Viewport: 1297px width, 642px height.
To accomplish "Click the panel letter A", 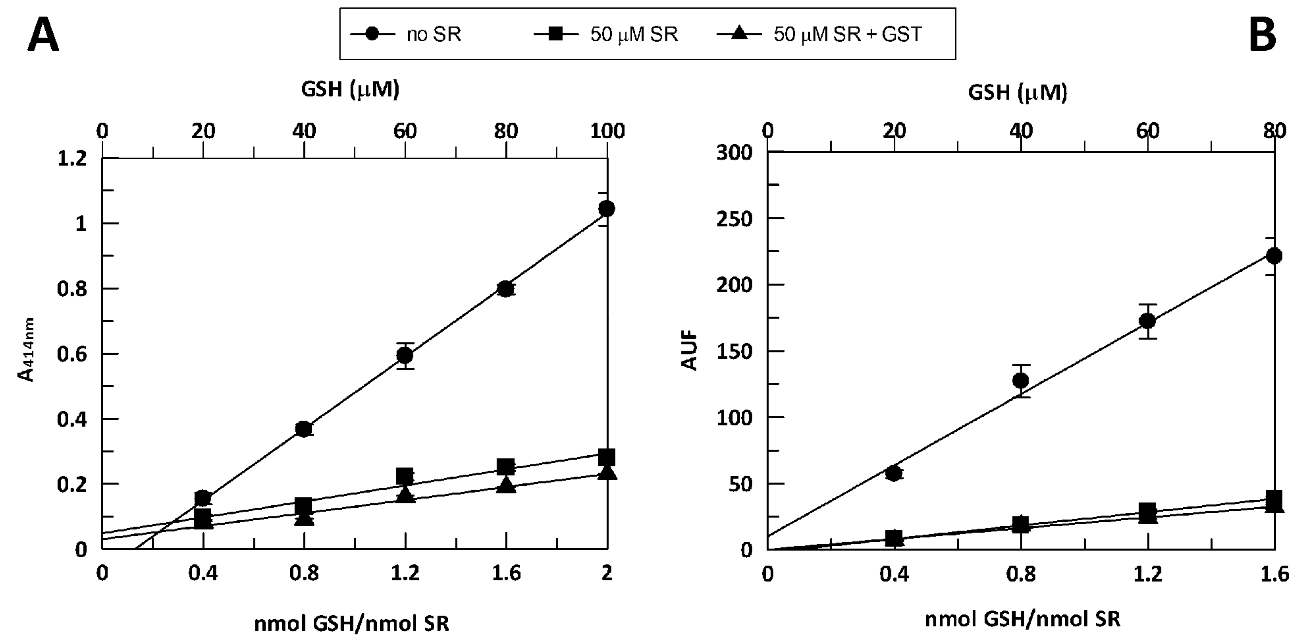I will coord(43,36).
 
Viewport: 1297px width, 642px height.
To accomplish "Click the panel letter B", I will coord(1263,36).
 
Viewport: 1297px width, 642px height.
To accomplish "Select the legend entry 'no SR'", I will coord(433,34).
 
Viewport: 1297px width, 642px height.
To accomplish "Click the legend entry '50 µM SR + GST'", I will coord(847,34).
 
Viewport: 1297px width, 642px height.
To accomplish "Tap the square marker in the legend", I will coord(555,34).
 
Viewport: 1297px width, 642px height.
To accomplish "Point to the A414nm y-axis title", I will coord(27,350).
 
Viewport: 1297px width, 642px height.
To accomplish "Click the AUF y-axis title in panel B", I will coord(690,351).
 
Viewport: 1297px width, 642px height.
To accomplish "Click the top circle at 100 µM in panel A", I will coord(607,209).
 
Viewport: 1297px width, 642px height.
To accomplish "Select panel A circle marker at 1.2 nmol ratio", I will coord(405,356).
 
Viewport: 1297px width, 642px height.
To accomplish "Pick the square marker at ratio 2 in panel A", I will coord(607,457).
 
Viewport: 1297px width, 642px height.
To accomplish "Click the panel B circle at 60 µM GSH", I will coord(1148,321).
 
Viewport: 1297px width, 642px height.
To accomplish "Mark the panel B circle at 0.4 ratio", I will coord(894,473).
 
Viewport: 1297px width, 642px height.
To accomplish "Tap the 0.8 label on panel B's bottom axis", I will coord(1021,573).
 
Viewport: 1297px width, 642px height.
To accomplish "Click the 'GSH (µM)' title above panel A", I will coord(350,89).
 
